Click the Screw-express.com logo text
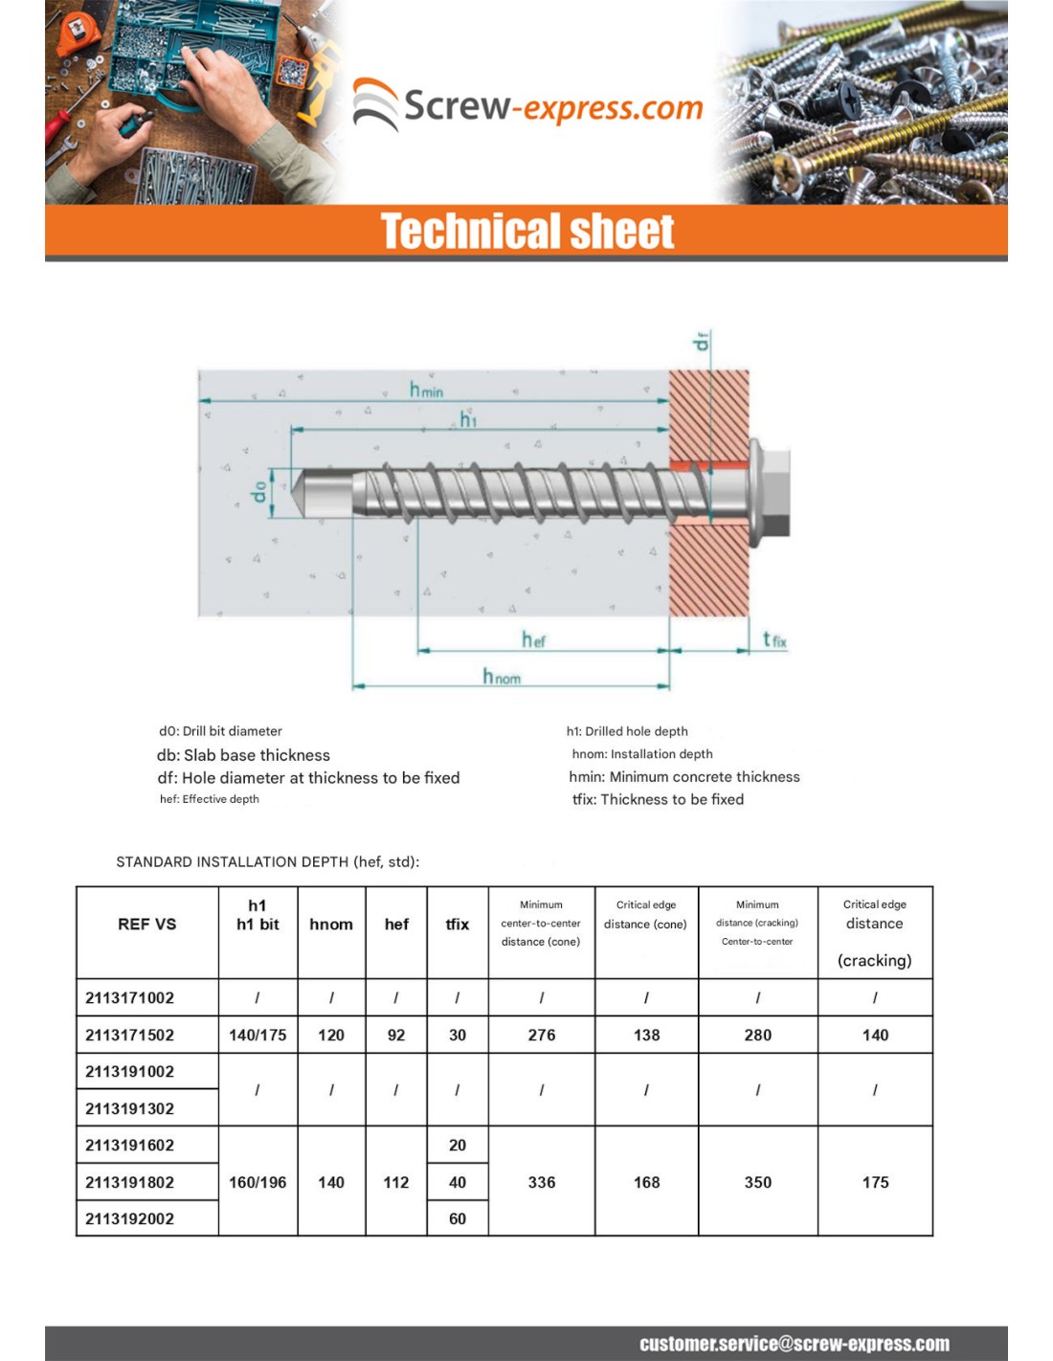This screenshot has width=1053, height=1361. click(x=552, y=106)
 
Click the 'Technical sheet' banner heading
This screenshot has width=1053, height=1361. click(x=527, y=232)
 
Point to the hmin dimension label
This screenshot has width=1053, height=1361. click(x=426, y=390)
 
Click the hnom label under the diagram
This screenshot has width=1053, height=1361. click(x=502, y=677)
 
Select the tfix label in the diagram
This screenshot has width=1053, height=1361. click(x=774, y=639)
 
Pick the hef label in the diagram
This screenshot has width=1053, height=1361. click(x=533, y=639)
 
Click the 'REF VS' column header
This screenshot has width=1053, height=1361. click(x=146, y=924)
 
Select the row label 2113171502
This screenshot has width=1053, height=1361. click(x=130, y=1035)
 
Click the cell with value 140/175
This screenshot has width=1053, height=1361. click(x=258, y=1035)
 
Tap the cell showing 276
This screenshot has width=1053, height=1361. click(x=542, y=1035)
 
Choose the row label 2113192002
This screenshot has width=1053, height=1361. click(x=130, y=1218)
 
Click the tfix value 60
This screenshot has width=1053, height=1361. click(x=458, y=1218)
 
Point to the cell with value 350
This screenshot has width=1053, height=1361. click(x=757, y=1182)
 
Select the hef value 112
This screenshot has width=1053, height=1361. click(x=396, y=1182)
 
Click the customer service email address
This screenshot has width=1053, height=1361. click(x=795, y=1344)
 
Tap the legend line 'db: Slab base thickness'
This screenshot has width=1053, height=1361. click(x=243, y=755)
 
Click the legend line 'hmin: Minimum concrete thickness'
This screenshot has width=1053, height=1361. click(x=684, y=776)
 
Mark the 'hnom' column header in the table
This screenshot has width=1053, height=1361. click(x=331, y=924)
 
